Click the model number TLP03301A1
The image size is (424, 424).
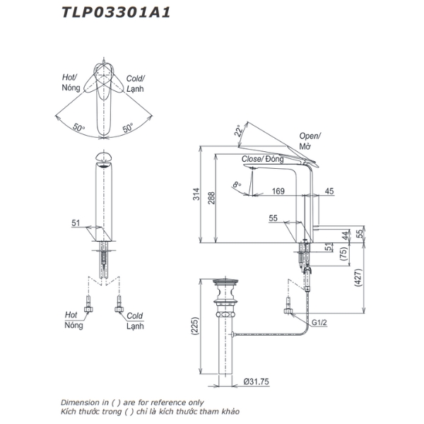[x=116, y=11]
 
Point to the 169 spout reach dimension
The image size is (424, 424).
[x=278, y=192]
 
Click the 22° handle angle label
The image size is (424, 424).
[x=239, y=131]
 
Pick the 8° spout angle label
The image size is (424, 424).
[x=237, y=185]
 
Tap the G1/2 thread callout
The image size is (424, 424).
[x=321, y=324]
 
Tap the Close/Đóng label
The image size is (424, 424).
[x=262, y=160]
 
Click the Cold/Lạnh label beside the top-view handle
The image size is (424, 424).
[x=136, y=83]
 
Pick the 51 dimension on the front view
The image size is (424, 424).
[x=76, y=223]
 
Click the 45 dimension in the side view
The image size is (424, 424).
[x=330, y=192]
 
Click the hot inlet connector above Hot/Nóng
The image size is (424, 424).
[x=89, y=310]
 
